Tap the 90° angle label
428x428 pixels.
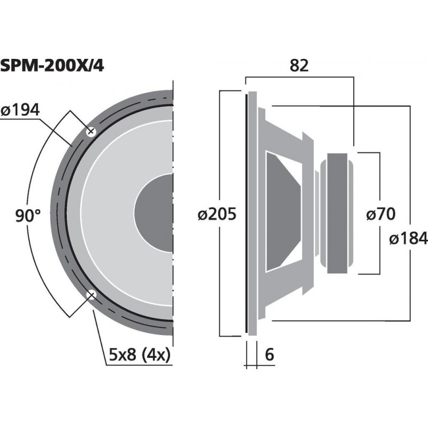pyautogui.click(x=28, y=216)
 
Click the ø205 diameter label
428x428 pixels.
pyautogui.click(x=217, y=215)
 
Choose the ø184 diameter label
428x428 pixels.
pyautogui.click(x=409, y=238)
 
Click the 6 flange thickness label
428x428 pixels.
pyautogui.click(x=269, y=354)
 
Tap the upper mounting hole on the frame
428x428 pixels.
pyautogui.click(x=90, y=131)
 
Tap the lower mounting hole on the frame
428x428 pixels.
pyautogui.click(x=91, y=294)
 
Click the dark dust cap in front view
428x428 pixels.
pyautogui.click(x=155, y=212)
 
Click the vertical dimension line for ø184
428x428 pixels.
pyautogui.click(x=409, y=160)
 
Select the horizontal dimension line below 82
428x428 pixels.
pyautogui.click(x=300, y=77)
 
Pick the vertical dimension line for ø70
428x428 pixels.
pyautogui.click(x=379, y=182)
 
